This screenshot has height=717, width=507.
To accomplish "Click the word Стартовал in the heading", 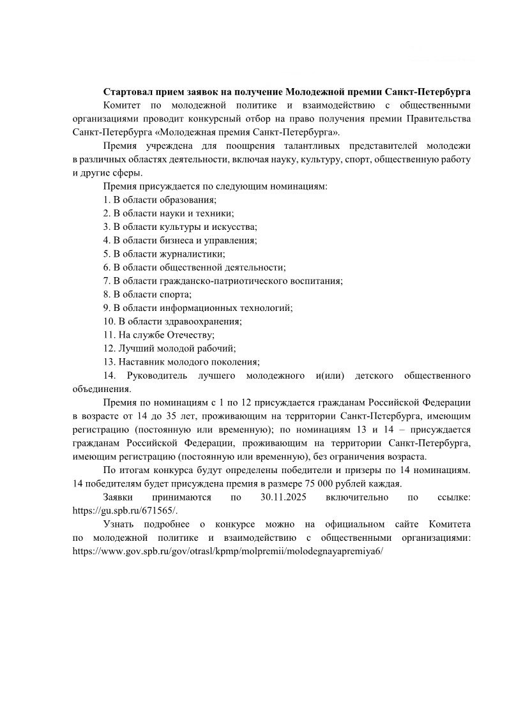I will point(126,93).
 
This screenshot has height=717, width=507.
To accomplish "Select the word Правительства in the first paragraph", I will point(439,119).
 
